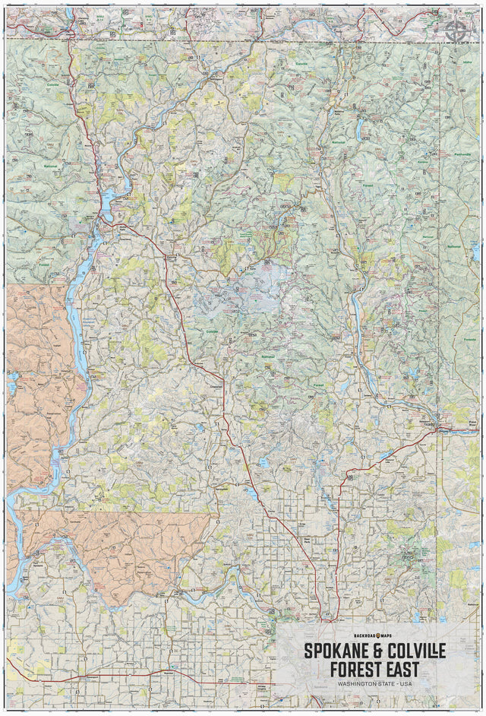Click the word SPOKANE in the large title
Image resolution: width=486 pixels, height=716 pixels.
coord(339,651)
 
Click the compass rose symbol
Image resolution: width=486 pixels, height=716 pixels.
coord(456,30)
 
